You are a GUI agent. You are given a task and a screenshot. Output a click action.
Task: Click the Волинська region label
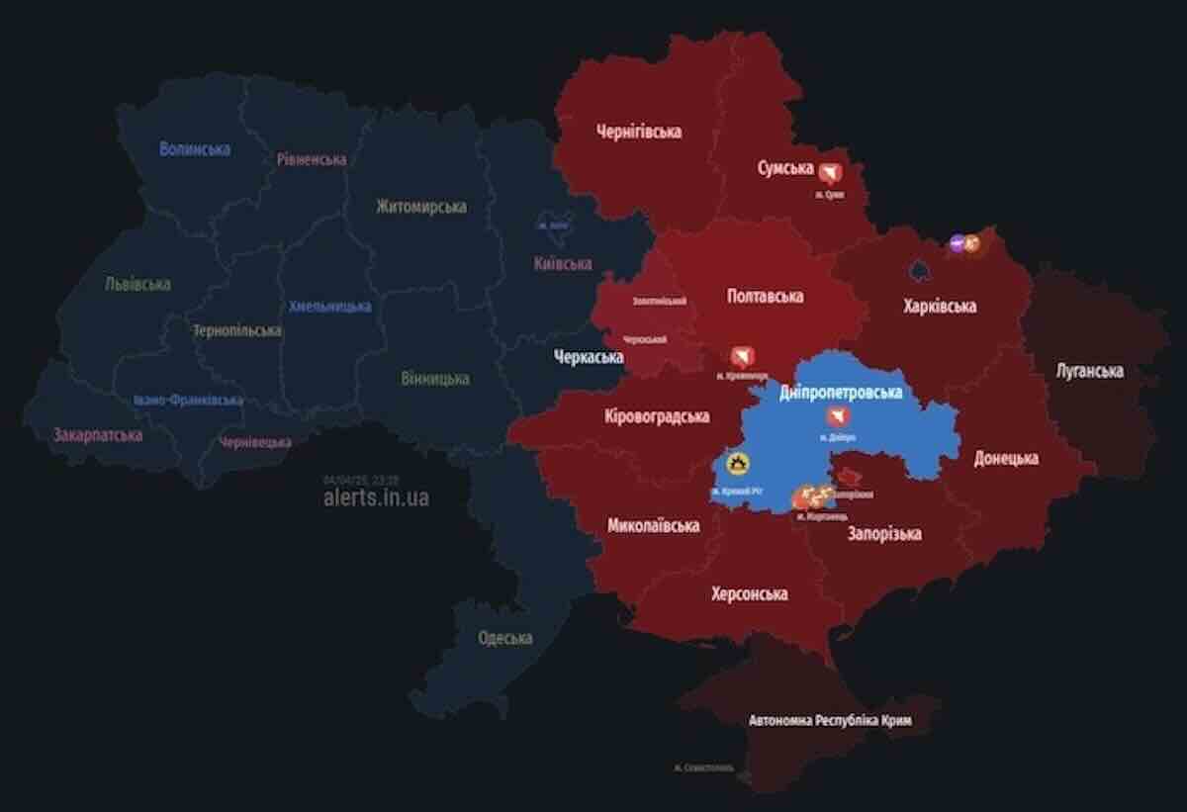click(195, 149)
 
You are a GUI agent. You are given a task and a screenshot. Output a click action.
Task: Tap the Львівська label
click(137, 284)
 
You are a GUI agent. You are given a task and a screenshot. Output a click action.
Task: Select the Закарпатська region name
click(97, 434)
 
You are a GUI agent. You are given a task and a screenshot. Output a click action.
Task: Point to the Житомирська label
click(421, 207)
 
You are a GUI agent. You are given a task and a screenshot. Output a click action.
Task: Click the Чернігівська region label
click(639, 131)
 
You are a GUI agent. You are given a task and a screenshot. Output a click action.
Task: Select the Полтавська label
click(765, 296)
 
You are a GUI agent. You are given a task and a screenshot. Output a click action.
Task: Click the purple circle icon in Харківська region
click(957, 242)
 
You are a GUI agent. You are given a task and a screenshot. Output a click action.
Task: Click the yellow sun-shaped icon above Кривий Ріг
click(738, 463)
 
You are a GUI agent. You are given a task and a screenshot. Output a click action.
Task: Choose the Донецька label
click(1006, 458)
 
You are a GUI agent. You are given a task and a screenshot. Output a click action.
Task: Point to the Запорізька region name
click(884, 533)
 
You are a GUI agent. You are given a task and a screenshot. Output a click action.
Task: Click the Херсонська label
click(749, 593)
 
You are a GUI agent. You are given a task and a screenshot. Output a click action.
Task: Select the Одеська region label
click(504, 638)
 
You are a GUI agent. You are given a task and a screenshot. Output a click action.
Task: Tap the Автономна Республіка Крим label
click(829, 721)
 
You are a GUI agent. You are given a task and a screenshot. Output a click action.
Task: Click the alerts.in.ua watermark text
click(376, 497)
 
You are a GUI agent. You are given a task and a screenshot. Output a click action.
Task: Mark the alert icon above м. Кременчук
click(741, 357)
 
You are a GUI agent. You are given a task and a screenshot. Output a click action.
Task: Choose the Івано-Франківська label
click(188, 401)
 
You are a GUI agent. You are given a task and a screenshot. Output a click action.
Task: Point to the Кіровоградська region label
click(658, 416)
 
